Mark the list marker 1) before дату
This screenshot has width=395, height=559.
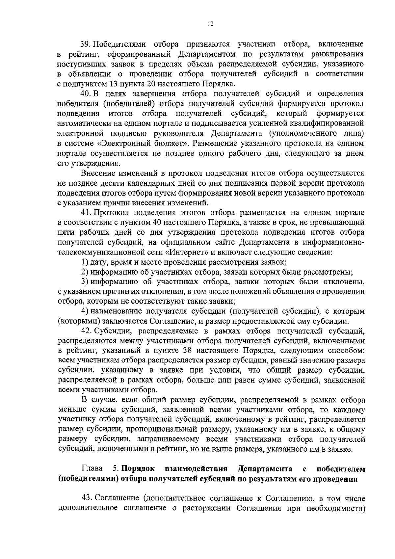[x=85, y=262]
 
